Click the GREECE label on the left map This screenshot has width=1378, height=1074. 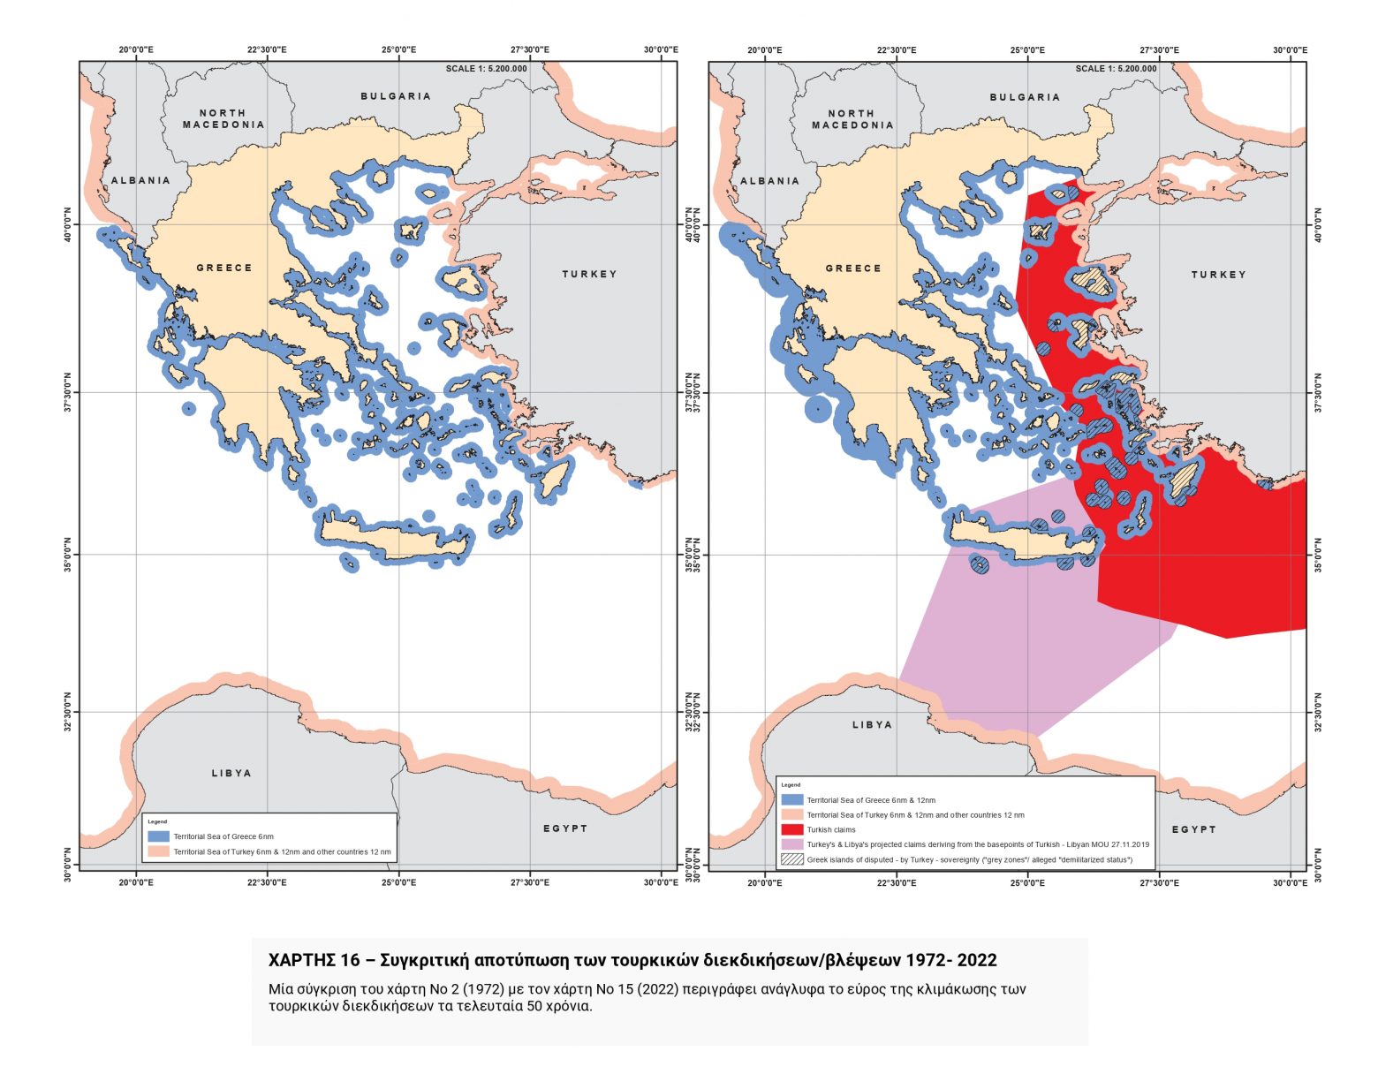tap(223, 268)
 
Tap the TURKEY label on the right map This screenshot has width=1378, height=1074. tap(1218, 275)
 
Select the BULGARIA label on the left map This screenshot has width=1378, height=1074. tap(396, 96)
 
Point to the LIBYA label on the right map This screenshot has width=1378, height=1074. tap(872, 724)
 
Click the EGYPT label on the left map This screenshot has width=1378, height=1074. tap(565, 828)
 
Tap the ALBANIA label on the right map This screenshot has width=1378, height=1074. tap(769, 181)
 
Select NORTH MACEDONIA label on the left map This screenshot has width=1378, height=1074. tap(223, 119)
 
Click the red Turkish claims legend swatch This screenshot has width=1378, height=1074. tap(792, 829)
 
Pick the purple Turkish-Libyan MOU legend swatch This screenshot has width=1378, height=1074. tap(792, 844)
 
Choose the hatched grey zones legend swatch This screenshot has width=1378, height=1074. tap(792, 859)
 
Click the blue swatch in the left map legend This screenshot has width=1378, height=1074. tap(158, 836)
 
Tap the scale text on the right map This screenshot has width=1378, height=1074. tap(1115, 69)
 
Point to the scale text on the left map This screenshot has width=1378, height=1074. tap(486, 69)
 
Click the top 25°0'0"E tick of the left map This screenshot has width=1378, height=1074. tap(398, 50)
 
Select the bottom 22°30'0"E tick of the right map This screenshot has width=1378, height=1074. tap(897, 881)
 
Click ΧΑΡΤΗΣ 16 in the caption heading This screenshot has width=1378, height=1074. tap(314, 960)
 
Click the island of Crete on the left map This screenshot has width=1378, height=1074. tap(389, 535)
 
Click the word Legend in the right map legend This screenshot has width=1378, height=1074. tap(791, 784)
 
